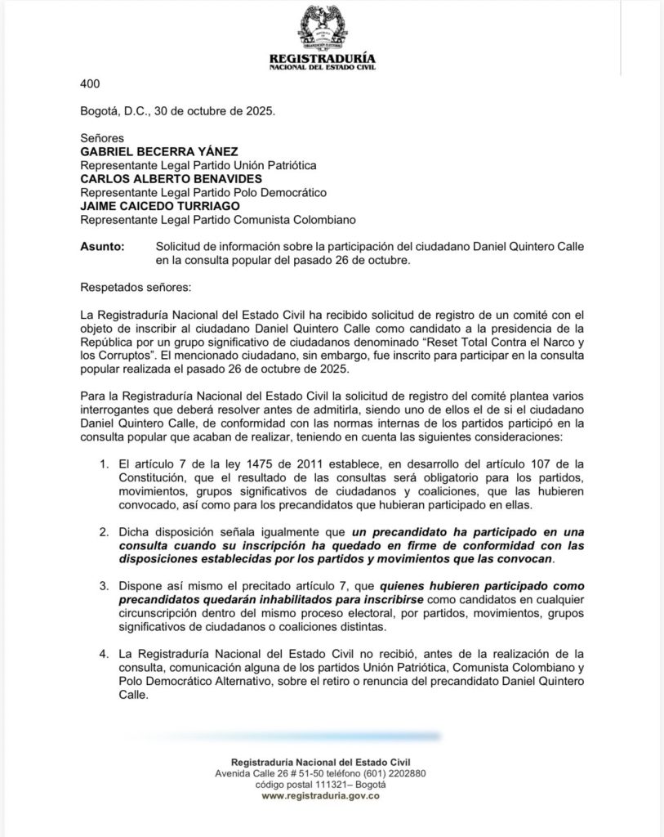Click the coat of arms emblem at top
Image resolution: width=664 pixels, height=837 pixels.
point(322,28)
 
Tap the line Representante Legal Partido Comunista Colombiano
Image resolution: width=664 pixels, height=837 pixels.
point(217,221)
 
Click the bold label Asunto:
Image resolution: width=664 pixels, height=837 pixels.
point(102,247)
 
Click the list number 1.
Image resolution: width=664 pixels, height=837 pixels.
point(104,464)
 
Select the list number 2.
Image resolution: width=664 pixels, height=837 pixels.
point(104,531)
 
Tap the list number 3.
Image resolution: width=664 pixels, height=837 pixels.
point(104,585)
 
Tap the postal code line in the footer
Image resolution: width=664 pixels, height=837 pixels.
point(319,784)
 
